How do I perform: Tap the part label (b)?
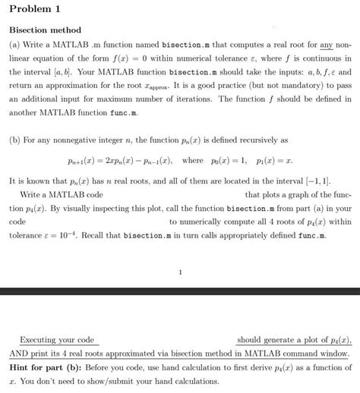tap(15, 140)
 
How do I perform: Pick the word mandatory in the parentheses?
tap(284, 86)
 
